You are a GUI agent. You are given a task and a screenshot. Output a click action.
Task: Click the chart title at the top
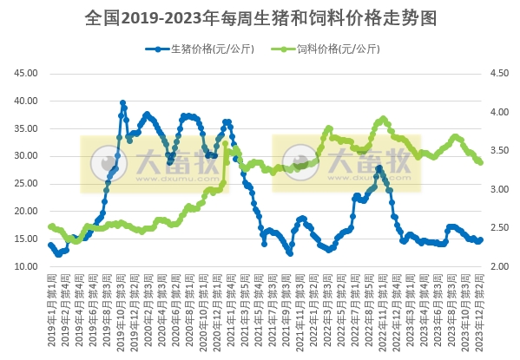click(x=260, y=16)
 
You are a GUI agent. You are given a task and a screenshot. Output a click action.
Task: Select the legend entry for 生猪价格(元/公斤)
click(x=193, y=49)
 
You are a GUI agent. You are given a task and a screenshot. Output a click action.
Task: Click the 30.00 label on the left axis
click(x=26, y=156)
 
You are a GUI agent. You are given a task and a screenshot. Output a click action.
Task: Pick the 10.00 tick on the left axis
click(x=26, y=266)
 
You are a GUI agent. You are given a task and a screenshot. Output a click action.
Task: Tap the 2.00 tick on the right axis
click(x=502, y=266)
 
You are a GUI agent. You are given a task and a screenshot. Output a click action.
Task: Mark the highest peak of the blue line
click(x=122, y=102)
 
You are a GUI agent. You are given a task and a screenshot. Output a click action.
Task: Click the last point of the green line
click(x=481, y=162)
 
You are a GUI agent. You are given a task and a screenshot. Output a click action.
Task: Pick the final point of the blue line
click(x=481, y=240)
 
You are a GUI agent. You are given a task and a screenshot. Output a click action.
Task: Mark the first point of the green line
click(x=50, y=226)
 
